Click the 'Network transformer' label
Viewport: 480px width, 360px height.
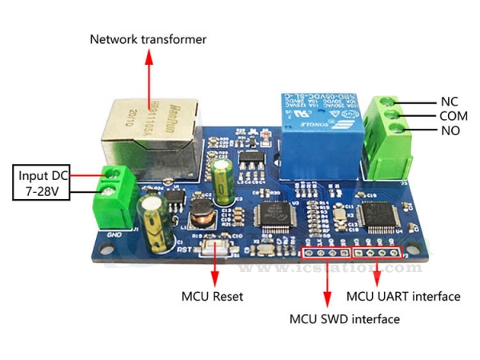[x=148, y=39]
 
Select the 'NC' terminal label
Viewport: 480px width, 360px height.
[x=449, y=102]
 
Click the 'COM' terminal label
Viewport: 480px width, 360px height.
[x=453, y=116]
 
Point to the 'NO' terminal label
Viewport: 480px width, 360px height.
[x=449, y=130]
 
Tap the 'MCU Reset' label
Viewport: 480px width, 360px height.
[x=212, y=297]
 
